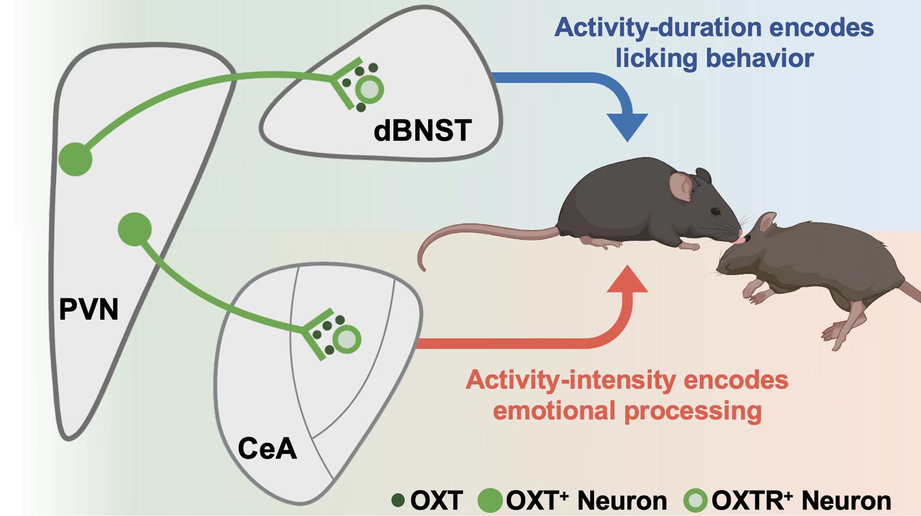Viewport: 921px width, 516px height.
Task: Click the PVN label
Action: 89,309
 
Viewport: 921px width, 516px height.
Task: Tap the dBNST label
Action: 422,131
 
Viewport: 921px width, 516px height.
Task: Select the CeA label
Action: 267,448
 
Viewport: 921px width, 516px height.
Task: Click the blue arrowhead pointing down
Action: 627,126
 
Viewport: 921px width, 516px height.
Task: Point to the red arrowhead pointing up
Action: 627,279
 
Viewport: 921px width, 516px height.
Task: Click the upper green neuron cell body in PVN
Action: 75,159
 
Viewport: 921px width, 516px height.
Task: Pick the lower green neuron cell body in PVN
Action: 134,229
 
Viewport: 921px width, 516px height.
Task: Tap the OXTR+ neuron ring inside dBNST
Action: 370,89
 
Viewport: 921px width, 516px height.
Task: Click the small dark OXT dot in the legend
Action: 398,500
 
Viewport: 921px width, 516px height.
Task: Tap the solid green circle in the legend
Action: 490,500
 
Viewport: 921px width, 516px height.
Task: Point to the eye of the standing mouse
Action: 715,211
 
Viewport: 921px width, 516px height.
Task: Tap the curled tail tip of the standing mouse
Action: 423,267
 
